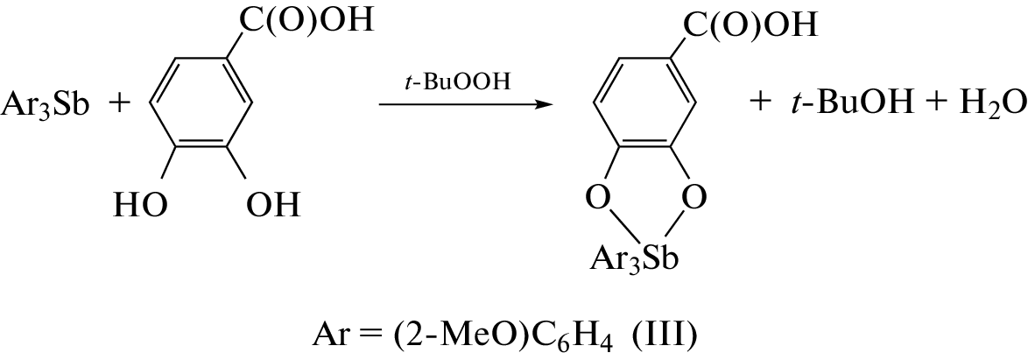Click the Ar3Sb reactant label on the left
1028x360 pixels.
(x=46, y=105)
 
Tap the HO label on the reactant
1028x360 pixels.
(x=140, y=205)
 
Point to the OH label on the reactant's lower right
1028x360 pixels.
(x=273, y=205)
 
